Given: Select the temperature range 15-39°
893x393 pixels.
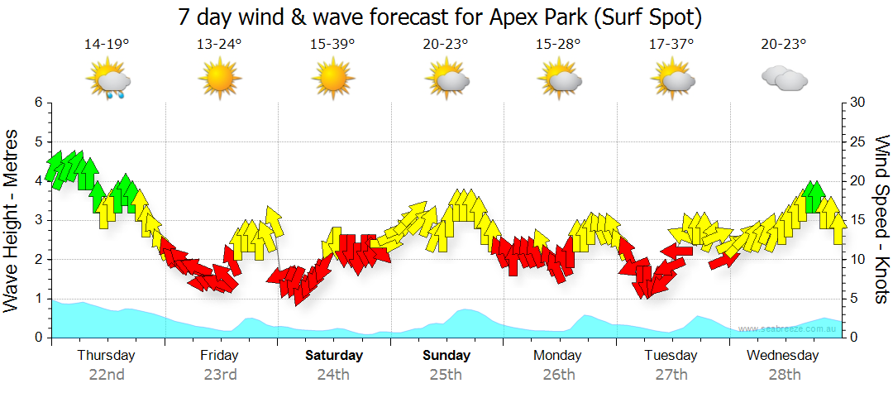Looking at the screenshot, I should (x=332, y=45).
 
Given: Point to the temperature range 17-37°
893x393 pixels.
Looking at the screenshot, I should (x=671, y=45).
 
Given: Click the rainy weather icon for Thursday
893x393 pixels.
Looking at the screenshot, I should (x=109, y=81).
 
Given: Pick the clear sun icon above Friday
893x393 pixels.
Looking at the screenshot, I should (x=219, y=80).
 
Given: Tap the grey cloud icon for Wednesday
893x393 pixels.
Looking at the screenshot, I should (x=784, y=79).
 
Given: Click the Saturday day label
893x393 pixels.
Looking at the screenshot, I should (x=334, y=356).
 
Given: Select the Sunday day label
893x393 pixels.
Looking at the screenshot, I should (x=446, y=356).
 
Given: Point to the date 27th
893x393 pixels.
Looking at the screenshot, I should (x=671, y=374).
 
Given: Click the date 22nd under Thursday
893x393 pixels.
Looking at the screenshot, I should (x=107, y=374).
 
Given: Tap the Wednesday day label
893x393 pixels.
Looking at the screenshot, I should (x=782, y=356).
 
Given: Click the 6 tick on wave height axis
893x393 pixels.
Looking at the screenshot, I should (x=37, y=103).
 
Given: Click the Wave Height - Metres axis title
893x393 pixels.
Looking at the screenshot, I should (x=13, y=220).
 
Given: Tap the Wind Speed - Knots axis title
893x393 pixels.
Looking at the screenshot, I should (x=881, y=220).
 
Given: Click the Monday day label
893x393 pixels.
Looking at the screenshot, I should (x=559, y=356).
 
